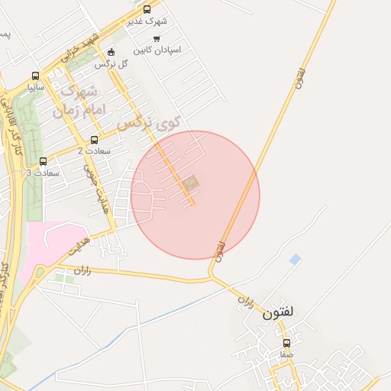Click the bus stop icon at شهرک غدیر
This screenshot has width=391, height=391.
(x=147, y=10)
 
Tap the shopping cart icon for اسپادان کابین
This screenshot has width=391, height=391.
(x=157, y=38)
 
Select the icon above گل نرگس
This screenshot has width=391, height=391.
(x=111, y=52)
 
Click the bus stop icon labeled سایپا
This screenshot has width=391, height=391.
(x=35, y=76)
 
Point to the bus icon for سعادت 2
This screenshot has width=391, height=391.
(x=94, y=140)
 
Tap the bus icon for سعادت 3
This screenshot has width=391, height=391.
(x=43, y=161)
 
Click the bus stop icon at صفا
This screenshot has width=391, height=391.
(x=286, y=343)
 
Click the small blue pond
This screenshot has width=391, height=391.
(x=295, y=260)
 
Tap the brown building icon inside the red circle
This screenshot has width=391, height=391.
(x=189, y=183)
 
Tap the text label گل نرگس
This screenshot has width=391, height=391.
(x=111, y=63)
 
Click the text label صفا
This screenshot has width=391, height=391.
(x=286, y=355)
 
